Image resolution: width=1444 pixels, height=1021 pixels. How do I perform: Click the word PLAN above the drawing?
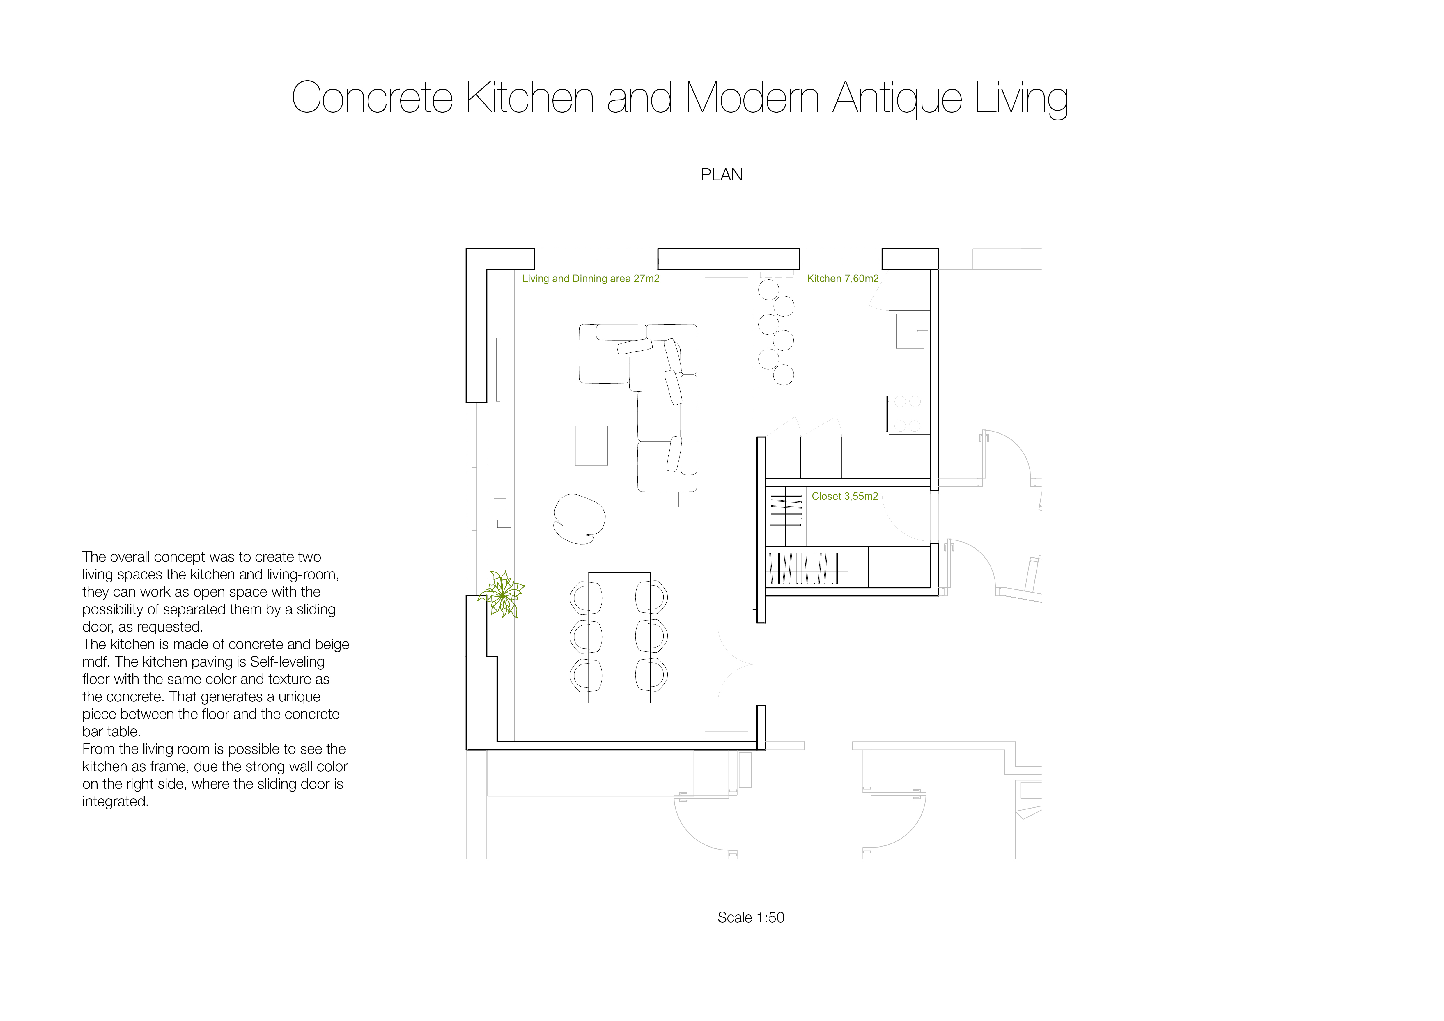coord(721,175)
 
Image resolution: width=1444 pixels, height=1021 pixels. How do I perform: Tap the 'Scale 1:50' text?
coord(751,917)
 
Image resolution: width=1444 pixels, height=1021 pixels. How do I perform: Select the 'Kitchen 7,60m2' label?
coord(843,279)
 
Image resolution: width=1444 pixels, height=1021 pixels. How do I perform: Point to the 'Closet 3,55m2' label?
coord(845,496)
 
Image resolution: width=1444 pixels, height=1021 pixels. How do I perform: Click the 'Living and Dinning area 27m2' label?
coord(591,279)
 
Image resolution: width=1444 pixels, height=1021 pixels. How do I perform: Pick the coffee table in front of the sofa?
coord(591,446)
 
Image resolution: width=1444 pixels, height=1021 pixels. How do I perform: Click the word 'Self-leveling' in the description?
coord(287,662)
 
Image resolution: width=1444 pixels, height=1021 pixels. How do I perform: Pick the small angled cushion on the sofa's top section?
coord(635,346)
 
